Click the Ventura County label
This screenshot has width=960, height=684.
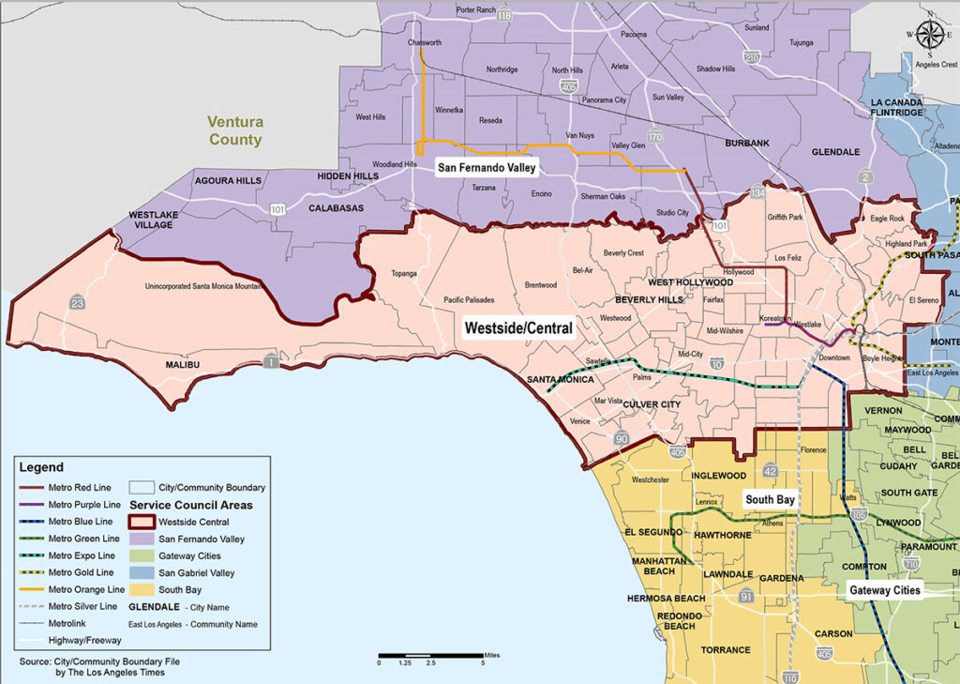tap(235, 130)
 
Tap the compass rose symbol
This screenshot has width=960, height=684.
tap(929, 35)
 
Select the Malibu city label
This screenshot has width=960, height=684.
tap(185, 364)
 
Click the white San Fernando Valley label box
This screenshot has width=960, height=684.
tap(487, 168)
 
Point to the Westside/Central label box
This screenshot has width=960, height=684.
tap(518, 329)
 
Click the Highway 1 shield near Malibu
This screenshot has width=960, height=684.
tap(270, 362)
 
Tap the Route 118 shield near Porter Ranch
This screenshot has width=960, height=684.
tap(505, 16)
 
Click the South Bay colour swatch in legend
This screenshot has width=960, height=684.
tap(142, 589)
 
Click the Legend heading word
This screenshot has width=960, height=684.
tap(41, 467)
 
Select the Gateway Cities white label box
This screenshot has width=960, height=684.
tap(884, 590)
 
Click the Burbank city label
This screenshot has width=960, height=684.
tap(746, 143)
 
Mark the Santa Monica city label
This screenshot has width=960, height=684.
tap(559, 379)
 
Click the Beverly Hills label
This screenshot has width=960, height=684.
tap(649, 299)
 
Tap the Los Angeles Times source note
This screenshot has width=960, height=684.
tap(98, 667)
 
